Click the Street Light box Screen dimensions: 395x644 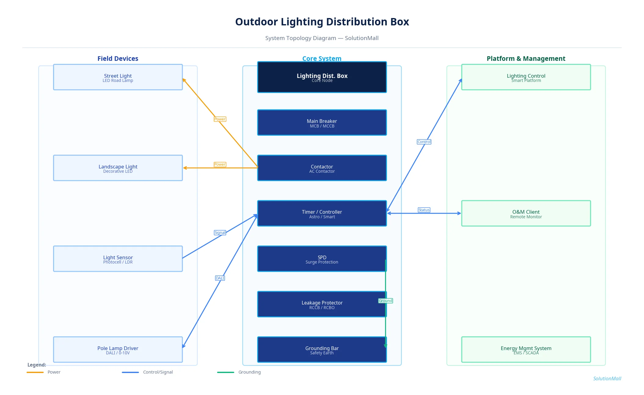118,77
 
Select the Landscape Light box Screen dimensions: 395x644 118,168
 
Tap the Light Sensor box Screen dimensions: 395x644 118,259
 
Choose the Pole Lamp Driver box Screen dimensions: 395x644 118,349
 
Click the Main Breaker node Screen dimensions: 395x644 322,123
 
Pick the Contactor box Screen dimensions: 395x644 322,168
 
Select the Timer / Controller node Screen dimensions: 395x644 322,213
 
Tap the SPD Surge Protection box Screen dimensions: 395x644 322,259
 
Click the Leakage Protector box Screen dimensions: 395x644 322,304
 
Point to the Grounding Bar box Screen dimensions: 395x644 322,349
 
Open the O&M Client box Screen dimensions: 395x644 526,213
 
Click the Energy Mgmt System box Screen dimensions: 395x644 526,349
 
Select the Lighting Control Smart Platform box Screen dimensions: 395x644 526,77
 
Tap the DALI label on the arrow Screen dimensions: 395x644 220,278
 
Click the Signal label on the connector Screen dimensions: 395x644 220,233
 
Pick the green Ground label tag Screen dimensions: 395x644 385,301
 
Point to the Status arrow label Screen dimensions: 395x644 424,210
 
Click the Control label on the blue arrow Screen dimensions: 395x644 424,142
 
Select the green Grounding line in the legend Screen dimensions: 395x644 226,372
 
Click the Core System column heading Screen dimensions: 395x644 322,58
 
